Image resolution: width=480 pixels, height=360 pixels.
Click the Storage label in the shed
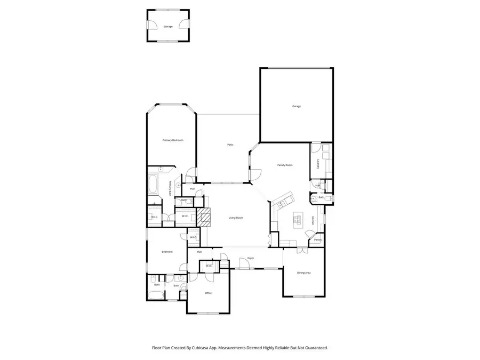[x=168, y=26]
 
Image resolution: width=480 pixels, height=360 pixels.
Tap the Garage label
[x=297, y=106]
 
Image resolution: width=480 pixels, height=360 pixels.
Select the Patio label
[x=230, y=145]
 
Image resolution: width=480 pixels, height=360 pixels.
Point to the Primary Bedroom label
[x=173, y=140]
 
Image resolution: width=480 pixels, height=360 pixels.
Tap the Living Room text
[x=236, y=218]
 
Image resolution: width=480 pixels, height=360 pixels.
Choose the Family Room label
[x=285, y=165]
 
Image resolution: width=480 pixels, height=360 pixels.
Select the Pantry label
[x=317, y=240]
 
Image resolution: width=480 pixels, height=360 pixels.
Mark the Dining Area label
[x=304, y=273]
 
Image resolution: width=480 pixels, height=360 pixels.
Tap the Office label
[x=209, y=293]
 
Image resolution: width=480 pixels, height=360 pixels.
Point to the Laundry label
[x=318, y=165]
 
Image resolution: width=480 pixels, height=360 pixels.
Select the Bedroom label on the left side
[x=167, y=252]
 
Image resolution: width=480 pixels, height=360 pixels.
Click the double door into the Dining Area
[x=301, y=249]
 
